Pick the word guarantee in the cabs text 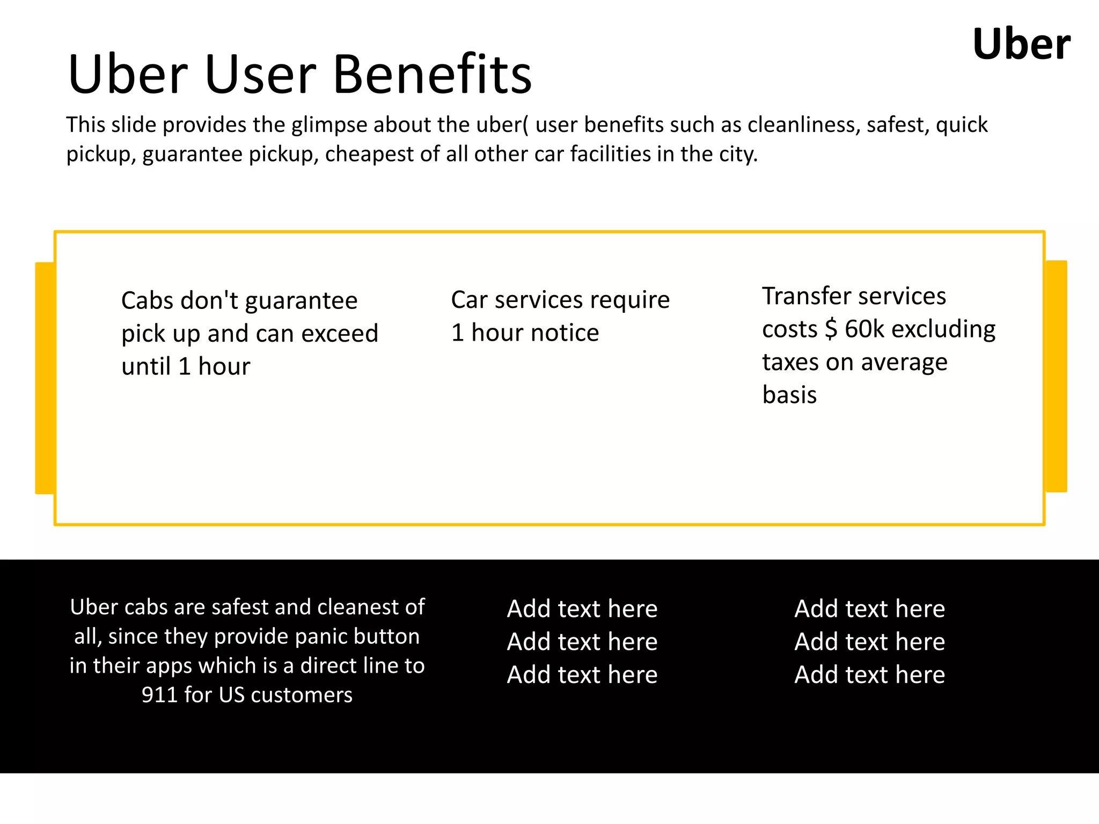pyautogui.click(x=301, y=300)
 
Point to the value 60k pyautogui.click(x=863, y=329)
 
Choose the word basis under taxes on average pyautogui.click(x=789, y=395)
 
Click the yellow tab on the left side pyautogui.click(x=45, y=378)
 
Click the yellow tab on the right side pyautogui.click(x=1056, y=376)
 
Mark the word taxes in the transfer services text pyautogui.click(x=790, y=363)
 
